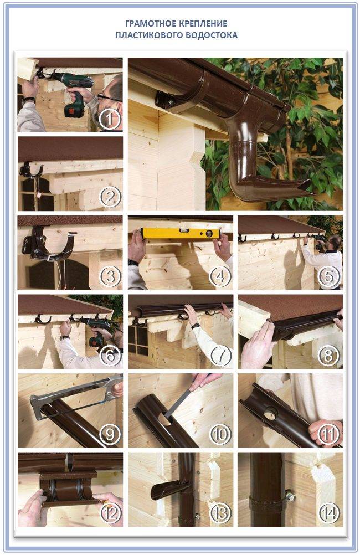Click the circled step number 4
pyautogui.click(x=220, y=276)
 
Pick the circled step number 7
pyautogui.click(x=220, y=355)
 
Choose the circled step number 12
pyautogui.click(x=110, y=513)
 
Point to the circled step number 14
pyautogui.click(x=329, y=513)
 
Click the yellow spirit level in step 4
pyautogui.click(x=180, y=233)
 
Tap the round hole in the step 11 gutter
pyautogui.click(x=271, y=413)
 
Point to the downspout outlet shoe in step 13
pyautogui.click(x=168, y=490)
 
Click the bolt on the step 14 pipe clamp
pyautogui.click(x=290, y=496)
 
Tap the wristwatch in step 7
pyautogui.click(x=196, y=325)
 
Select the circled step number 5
pyautogui.click(x=329, y=276)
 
